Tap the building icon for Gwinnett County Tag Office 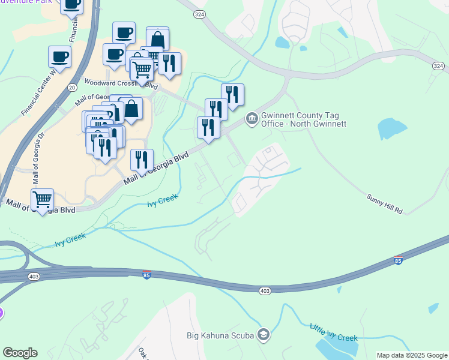click(x=252, y=119)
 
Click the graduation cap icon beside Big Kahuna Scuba click(x=262, y=334)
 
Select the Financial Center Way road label click(x=38, y=93)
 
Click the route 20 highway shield click(x=72, y=88)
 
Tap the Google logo click(x=20, y=353)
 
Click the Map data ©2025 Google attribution click(x=412, y=355)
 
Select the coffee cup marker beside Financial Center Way click(x=60, y=57)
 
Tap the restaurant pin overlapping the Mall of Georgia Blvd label click(x=142, y=159)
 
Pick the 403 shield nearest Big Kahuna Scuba click(x=265, y=291)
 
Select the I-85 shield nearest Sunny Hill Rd click(x=399, y=260)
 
